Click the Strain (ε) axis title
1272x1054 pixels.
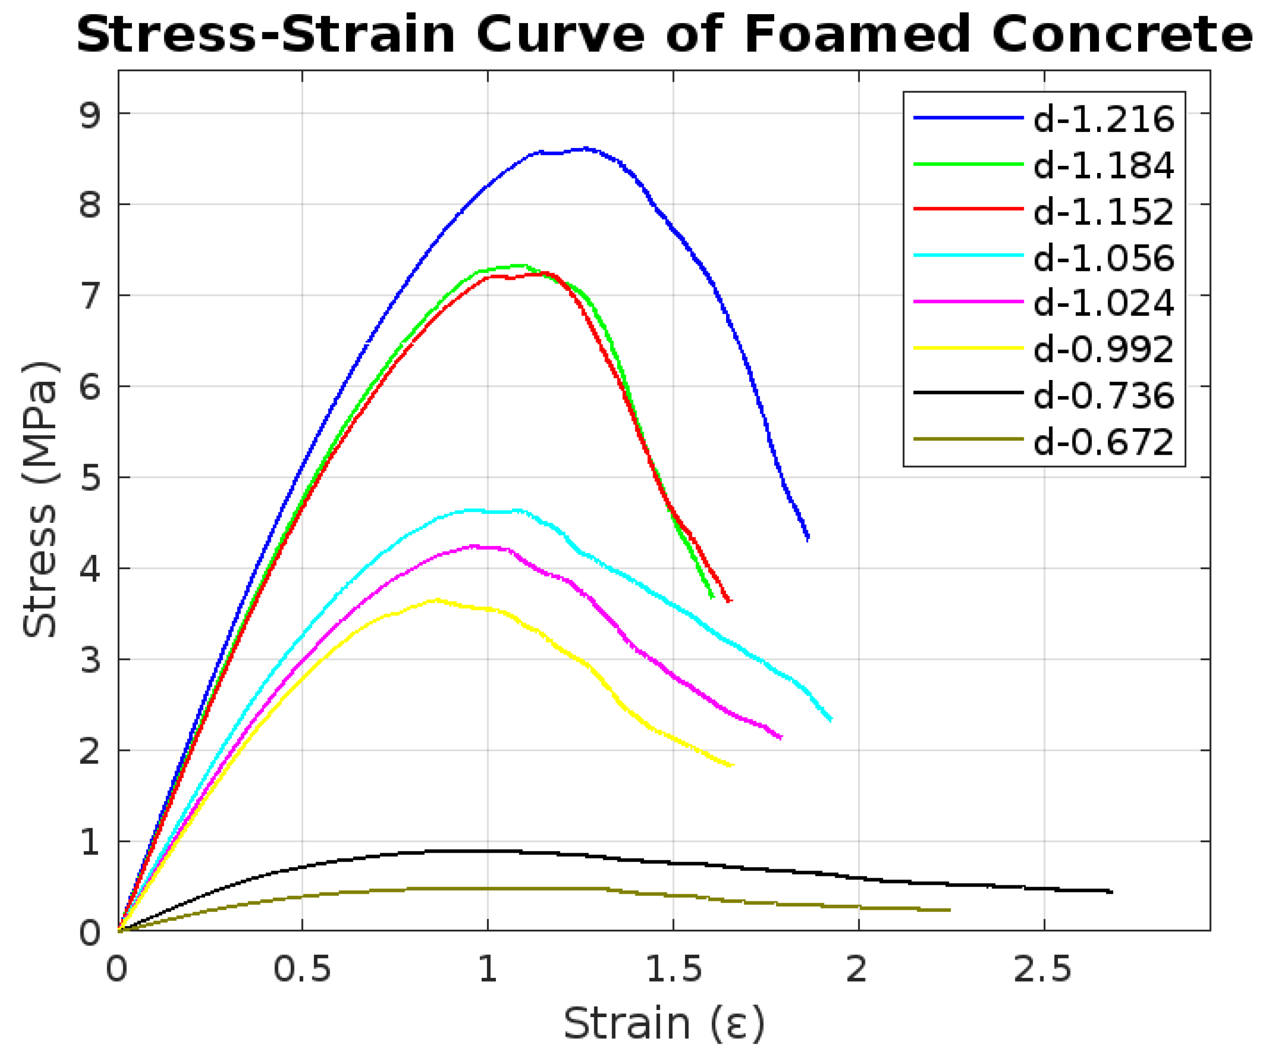664,1023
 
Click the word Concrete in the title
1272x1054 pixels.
1121,35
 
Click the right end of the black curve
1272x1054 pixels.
1111,892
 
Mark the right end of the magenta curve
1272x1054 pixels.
781,737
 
